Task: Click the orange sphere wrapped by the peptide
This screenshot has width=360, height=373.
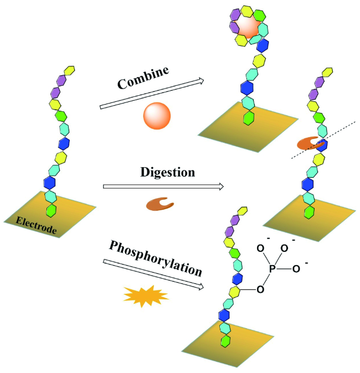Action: (248, 25)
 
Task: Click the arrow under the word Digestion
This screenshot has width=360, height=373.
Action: (163, 187)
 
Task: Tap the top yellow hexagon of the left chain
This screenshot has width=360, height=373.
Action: (70, 71)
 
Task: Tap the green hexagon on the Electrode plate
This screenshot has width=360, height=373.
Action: (52, 210)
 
